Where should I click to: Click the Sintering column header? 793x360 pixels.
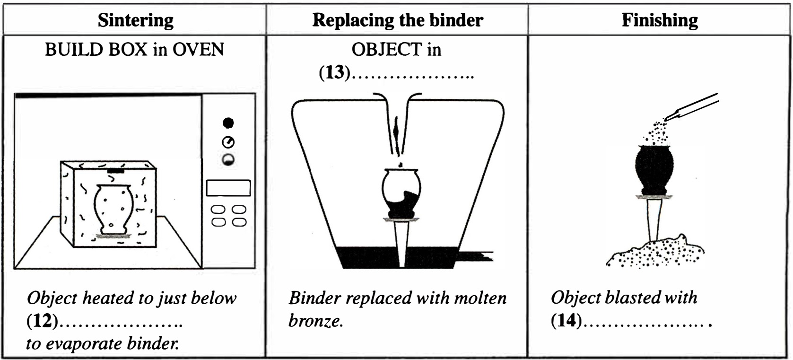(136, 20)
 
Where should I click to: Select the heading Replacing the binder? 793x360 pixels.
(398, 20)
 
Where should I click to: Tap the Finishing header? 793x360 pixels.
(660, 20)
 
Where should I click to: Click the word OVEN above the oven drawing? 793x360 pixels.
(198, 50)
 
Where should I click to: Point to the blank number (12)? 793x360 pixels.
(42, 321)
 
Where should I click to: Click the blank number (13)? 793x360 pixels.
(334, 72)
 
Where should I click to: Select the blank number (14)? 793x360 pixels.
(566, 320)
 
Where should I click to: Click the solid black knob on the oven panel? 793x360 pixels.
(228, 123)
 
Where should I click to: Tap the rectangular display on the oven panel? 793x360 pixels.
(228, 188)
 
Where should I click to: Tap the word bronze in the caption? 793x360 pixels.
(315, 321)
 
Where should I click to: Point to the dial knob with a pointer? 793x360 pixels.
(228, 142)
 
